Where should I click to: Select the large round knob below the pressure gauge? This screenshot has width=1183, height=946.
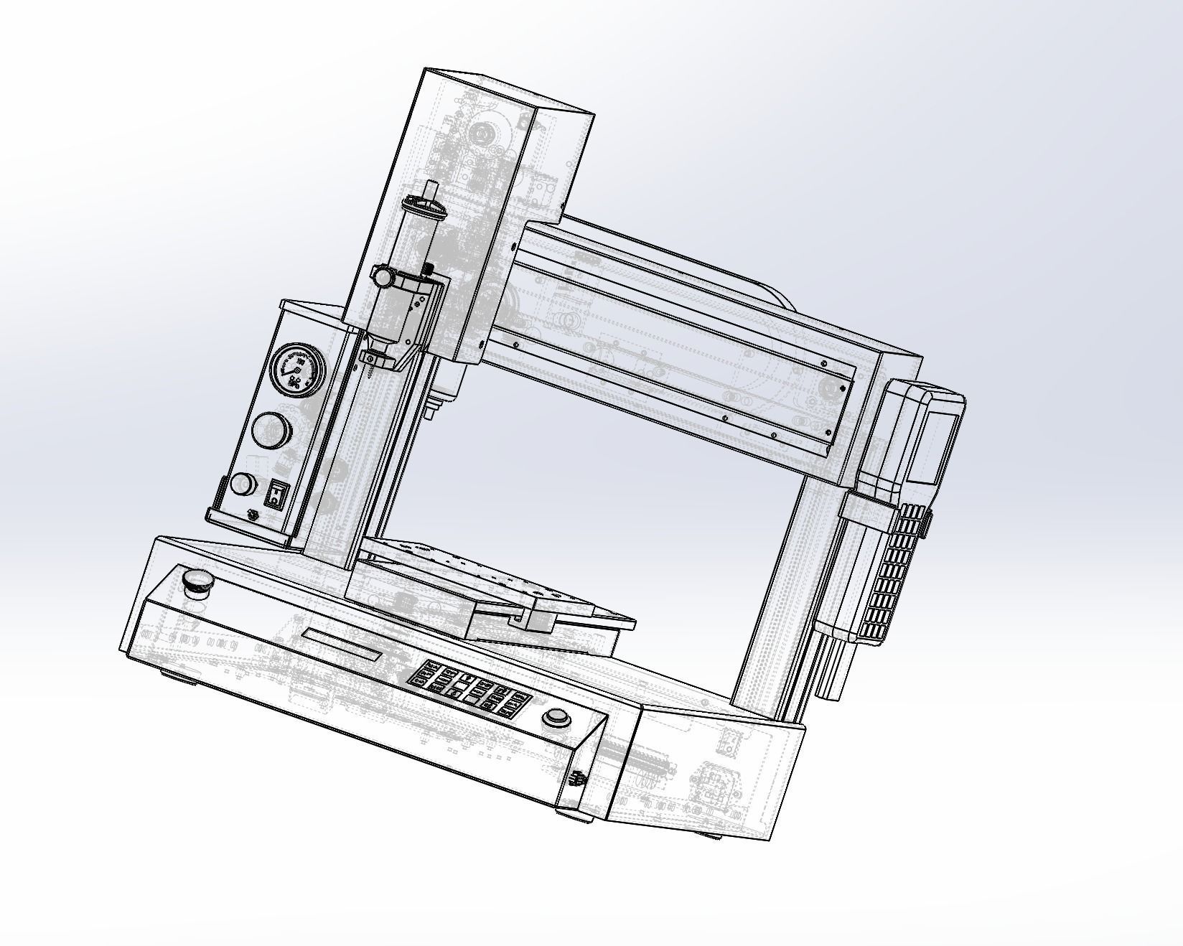[x=271, y=430]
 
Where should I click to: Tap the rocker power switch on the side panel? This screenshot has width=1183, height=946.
[x=276, y=495]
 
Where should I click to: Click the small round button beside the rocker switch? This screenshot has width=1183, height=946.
[x=243, y=484]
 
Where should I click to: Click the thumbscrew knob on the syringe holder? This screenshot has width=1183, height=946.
[x=383, y=275]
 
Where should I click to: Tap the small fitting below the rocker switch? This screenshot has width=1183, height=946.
[x=252, y=515]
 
